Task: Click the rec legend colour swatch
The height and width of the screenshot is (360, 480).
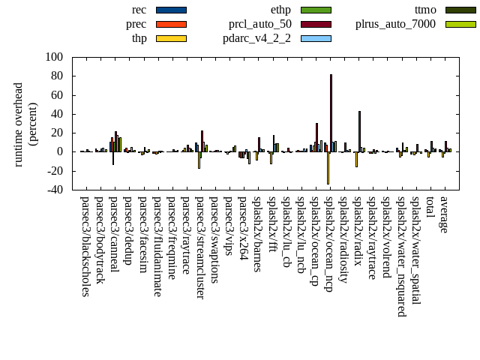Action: [x=171, y=10]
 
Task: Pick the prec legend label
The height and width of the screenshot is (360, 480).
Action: [x=136, y=24]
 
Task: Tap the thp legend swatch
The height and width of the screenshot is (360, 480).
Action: [x=171, y=38]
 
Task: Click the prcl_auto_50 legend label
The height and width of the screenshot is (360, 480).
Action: [x=260, y=24]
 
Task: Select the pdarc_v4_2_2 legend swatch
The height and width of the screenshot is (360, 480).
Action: [x=316, y=38]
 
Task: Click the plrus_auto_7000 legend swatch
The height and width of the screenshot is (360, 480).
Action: [x=460, y=24]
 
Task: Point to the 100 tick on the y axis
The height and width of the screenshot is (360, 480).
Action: [x=54, y=57]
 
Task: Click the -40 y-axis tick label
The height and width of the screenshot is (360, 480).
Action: [x=54, y=190]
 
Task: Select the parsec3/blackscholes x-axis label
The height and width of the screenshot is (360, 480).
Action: [x=85, y=247]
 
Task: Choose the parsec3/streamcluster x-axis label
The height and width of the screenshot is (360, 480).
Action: [x=200, y=248]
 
